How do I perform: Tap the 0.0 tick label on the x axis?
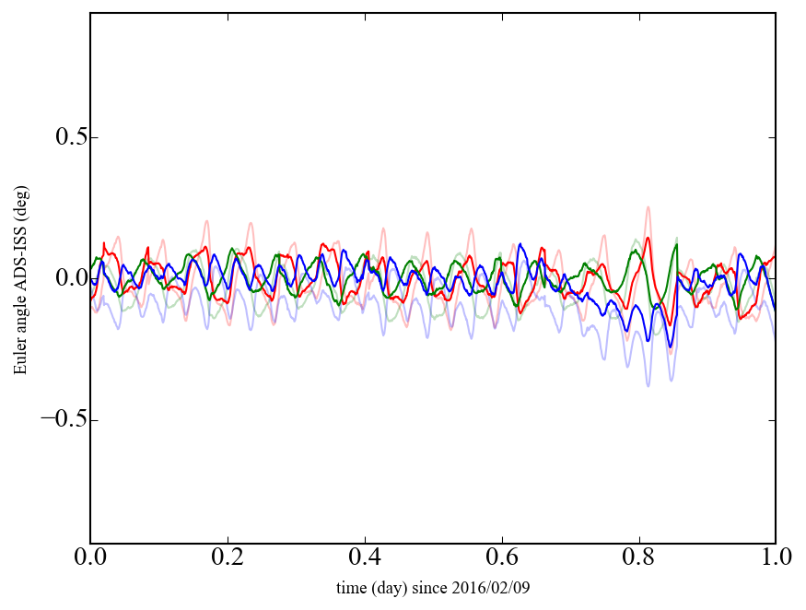tap(90, 558)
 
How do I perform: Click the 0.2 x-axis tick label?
tap(228, 558)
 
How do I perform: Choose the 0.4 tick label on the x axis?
tap(365, 558)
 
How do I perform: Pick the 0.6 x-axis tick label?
tap(502, 558)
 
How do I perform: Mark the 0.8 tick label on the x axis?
tap(638, 558)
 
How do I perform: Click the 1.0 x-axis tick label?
tap(775, 558)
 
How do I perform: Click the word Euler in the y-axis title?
tap(19, 359)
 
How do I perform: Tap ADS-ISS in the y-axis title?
tap(19, 268)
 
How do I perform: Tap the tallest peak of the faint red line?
tap(648, 207)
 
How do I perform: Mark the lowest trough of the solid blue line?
tap(671, 347)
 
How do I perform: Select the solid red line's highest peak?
tap(648, 238)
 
